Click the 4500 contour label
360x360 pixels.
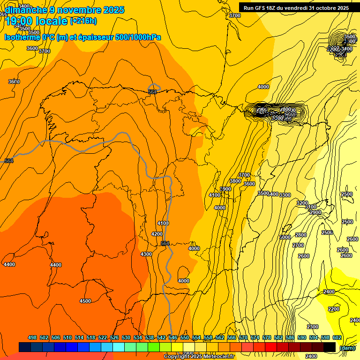85,301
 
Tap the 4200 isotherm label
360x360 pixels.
157,234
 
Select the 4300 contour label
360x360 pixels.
146,254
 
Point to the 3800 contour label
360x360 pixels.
235,181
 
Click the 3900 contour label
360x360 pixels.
225,189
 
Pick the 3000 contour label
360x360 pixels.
285,237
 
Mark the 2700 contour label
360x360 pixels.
298,245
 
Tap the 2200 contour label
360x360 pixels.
334,309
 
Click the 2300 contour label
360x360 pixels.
313,327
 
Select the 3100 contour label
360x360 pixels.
310,207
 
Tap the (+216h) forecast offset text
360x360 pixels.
83,21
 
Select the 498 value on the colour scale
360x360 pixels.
32,337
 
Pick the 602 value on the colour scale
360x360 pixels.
337,337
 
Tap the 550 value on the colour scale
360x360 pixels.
185,337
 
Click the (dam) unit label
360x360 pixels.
347,347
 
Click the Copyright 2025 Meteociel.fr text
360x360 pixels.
199,356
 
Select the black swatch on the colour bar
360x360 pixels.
330,347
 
